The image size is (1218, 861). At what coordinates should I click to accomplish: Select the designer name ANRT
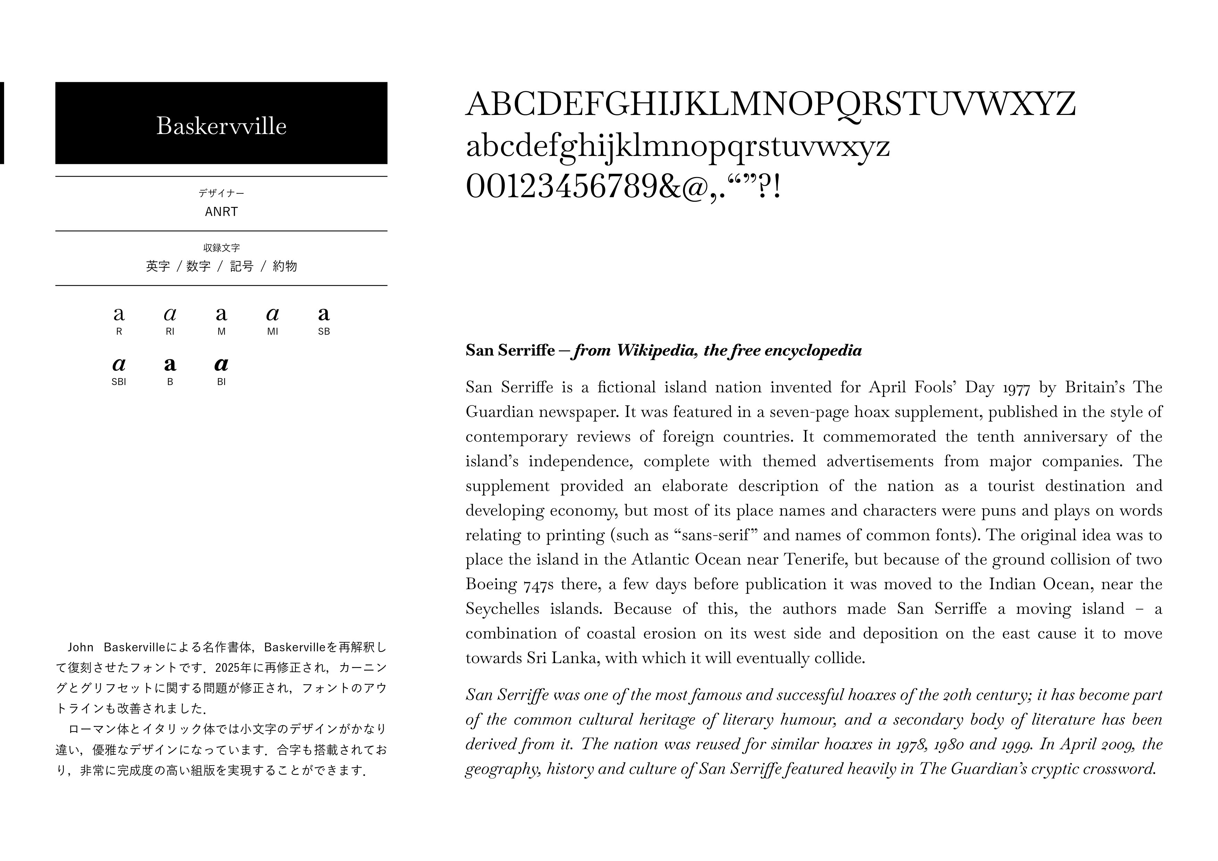pyautogui.click(x=221, y=212)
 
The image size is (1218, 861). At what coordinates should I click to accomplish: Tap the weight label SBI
pyautogui.click(x=119, y=382)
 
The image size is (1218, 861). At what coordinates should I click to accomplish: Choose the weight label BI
pyautogui.click(x=221, y=382)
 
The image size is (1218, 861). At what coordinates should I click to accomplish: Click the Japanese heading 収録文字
pyautogui.click(x=221, y=248)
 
